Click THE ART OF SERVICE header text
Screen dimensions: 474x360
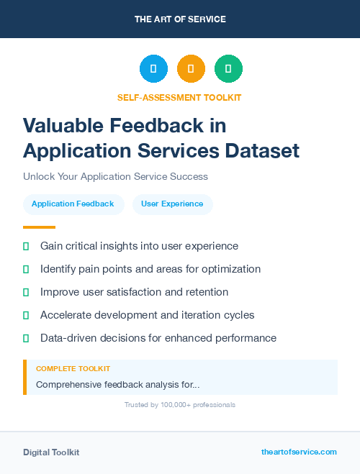pos(180,19)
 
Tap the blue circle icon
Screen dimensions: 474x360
pos(153,69)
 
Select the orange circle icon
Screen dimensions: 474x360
pos(191,69)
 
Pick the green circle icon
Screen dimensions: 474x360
pos(228,69)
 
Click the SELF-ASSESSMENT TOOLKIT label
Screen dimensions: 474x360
pos(179,97)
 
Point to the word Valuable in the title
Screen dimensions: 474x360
pos(63,126)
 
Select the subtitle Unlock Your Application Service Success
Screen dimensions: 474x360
pos(115,176)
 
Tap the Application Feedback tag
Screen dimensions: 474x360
pos(73,204)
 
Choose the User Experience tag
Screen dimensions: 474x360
pos(172,204)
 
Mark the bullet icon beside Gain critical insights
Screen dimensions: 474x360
pos(26,246)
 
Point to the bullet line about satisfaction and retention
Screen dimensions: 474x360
pos(134,292)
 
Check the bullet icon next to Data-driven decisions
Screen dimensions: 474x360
pos(26,338)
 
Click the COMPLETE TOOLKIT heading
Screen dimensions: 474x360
pos(73,369)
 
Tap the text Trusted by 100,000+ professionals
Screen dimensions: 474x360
pos(179,405)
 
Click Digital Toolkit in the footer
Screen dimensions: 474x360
pos(51,452)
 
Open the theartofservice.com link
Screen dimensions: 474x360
pos(299,452)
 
